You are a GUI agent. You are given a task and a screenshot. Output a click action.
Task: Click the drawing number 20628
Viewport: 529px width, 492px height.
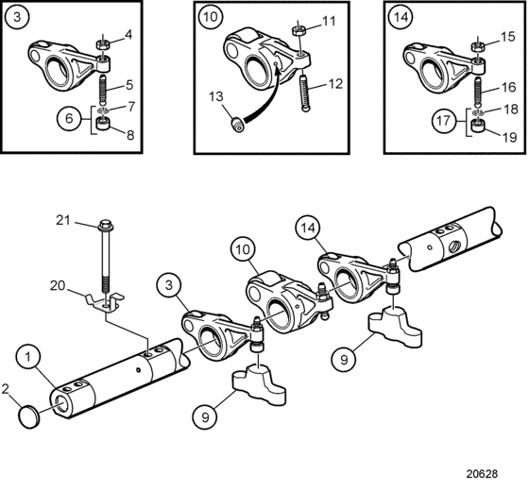(x=482, y=474)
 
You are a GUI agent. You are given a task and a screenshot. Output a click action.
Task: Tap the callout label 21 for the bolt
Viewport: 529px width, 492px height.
(x=63, y=220)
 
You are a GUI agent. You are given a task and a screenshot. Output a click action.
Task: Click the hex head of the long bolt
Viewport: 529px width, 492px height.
(x=106, y=225)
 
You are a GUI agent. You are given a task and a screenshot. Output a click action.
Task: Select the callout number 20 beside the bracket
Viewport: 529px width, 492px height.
(x=58, y=285)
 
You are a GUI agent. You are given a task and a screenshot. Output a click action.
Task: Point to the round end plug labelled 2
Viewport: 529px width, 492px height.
(x=29, y=416)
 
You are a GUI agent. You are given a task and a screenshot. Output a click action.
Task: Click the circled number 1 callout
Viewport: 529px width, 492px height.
(x=28, y=357)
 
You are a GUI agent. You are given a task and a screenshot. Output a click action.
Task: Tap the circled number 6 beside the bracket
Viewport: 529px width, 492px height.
(x=69, y=118)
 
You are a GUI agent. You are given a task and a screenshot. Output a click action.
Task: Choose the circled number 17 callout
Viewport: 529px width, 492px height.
(x=443, y=120)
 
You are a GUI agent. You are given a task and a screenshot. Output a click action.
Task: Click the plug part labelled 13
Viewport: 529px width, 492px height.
(x=237, y=124)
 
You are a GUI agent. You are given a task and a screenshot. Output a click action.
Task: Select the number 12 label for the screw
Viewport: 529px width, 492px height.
(x=335, y=84)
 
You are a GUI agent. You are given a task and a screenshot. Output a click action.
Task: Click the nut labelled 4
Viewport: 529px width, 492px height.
(x=103, y=44)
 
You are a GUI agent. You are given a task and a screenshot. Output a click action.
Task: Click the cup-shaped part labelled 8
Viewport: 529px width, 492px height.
(x=104, y=124)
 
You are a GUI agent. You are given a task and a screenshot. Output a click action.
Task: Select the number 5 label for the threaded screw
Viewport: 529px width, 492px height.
(x=129, y=85)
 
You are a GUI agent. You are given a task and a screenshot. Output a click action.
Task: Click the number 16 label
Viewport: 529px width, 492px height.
(x=508, y=87)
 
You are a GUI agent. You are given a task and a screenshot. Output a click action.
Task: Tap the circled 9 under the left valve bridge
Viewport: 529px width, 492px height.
(x=205, y=417)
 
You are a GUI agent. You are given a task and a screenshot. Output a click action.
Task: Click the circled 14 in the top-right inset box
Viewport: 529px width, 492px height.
(x=401, y=17)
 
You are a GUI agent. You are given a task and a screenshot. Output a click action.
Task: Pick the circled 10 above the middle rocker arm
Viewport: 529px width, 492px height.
(x=243, y=249)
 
